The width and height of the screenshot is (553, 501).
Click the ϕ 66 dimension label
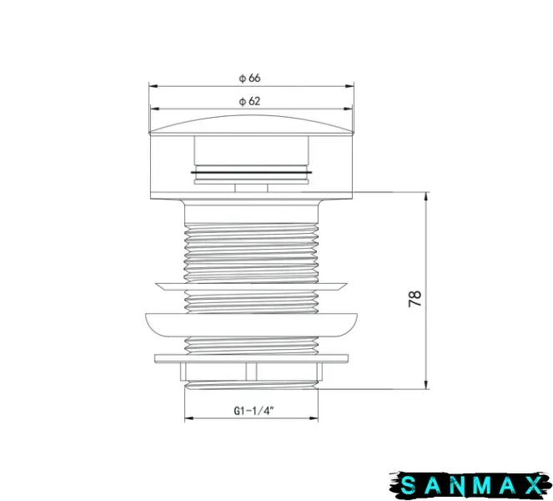(x=249, y=78)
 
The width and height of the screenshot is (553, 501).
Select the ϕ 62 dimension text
(x=249, y=101)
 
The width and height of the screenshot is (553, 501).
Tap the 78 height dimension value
(x=415, y=299)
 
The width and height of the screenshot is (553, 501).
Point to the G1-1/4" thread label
(x=254, y=411)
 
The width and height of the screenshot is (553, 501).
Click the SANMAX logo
(x=470, y=485)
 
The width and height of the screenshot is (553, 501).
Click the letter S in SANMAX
(x=409, y=486)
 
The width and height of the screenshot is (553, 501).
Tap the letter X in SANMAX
(x=532, y=486)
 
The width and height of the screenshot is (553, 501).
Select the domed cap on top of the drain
(x=251, y=125)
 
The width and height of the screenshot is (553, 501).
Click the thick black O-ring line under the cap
(x=251, y=173)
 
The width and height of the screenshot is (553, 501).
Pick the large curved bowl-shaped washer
(x=251, y=325)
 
